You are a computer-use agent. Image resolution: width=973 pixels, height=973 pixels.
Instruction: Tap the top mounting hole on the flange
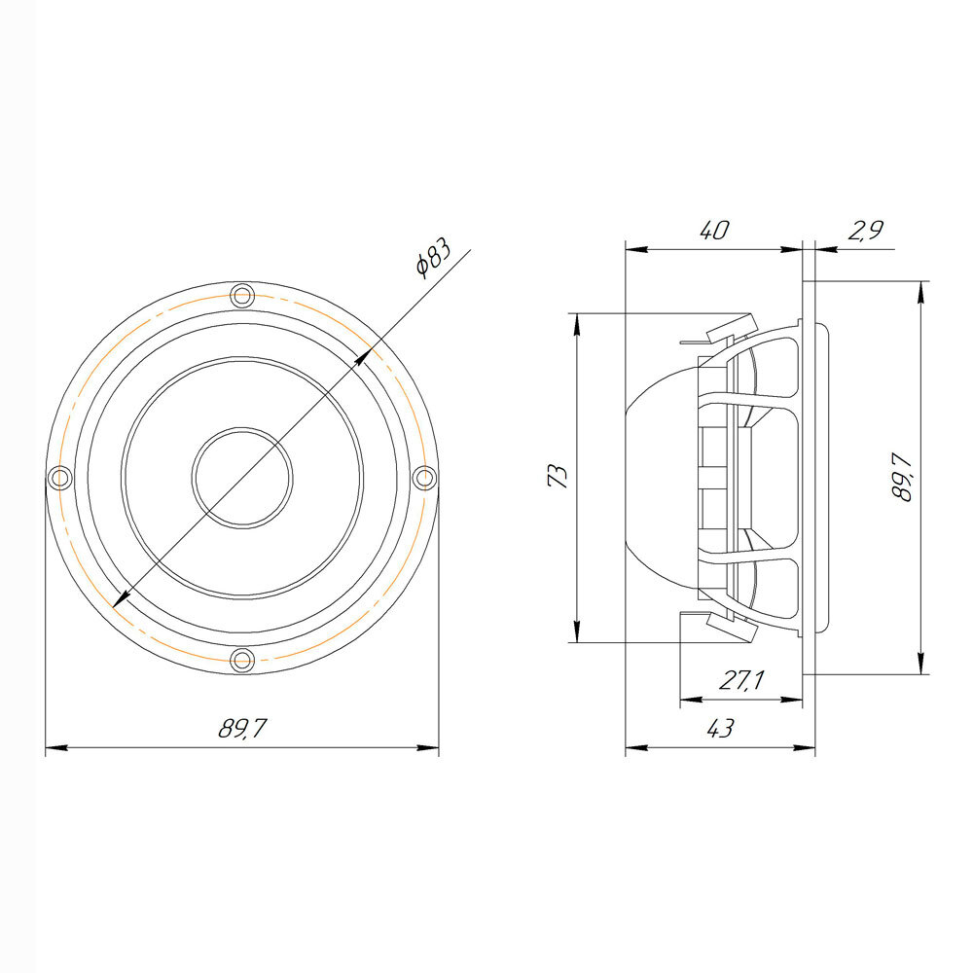click(242, 296)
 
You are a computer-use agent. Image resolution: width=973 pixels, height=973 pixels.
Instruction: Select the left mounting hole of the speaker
click(60, 478)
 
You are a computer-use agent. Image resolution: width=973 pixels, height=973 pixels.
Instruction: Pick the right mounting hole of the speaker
click(425, 478)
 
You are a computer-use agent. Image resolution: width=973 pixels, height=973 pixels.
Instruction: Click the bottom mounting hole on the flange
click(242, 661)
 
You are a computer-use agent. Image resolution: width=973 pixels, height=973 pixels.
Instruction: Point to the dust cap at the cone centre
click(242, 478)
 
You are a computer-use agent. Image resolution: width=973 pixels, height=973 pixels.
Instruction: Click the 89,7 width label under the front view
click(242, 728)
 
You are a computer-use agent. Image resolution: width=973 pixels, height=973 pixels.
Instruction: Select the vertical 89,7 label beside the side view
click(901, 477)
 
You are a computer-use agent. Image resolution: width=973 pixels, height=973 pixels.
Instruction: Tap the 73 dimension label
click(559, 477)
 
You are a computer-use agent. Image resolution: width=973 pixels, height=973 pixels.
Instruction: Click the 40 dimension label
click(714, 231)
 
